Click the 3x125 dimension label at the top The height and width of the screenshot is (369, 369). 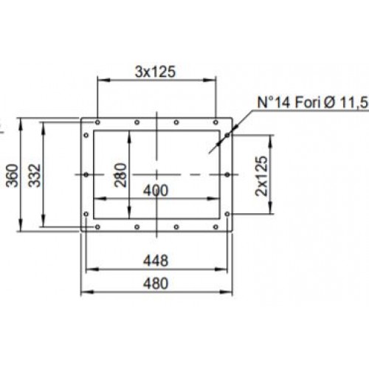coord(155,72)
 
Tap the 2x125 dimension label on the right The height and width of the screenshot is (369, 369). coord(261,176)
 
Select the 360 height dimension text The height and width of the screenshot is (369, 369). coord(13,176)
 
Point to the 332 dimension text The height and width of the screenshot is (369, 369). coord(34,176)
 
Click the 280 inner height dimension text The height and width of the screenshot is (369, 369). coord(121,175)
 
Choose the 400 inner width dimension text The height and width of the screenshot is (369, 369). coord(156,190)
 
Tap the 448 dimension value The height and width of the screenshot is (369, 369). coord(156,261)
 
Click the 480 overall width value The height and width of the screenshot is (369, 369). coord(156,283)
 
